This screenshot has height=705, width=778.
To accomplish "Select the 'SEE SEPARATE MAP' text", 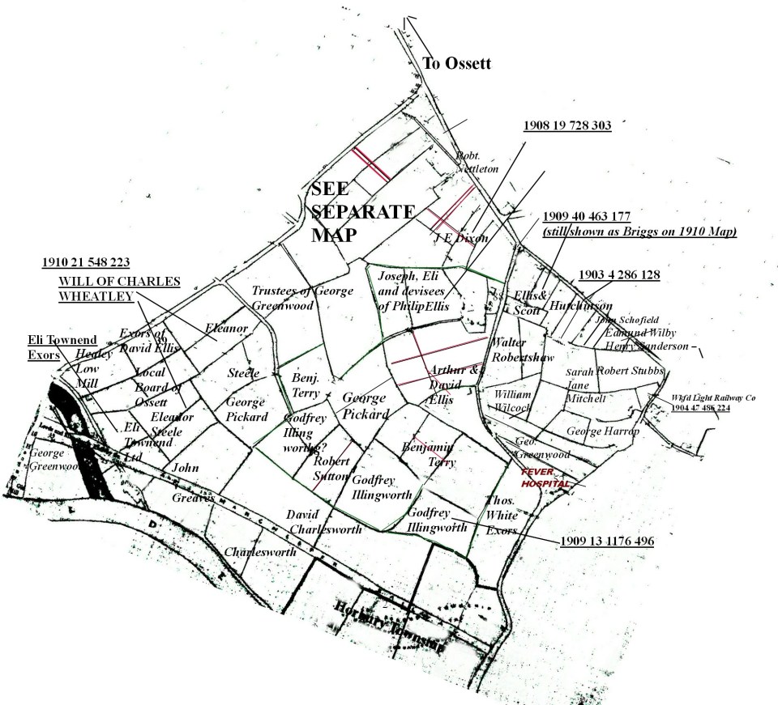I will click(362, 211).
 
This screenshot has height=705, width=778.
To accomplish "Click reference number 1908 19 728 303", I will click(566, 125).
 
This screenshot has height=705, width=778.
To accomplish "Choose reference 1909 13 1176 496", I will click(607, 540).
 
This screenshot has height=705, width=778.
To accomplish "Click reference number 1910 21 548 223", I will click(86, 262).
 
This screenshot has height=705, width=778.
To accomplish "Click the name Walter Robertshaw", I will click(522, 350).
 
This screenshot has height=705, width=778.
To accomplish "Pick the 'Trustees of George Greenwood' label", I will click(302, 299).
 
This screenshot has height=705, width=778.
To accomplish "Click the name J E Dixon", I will click(448, 238).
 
